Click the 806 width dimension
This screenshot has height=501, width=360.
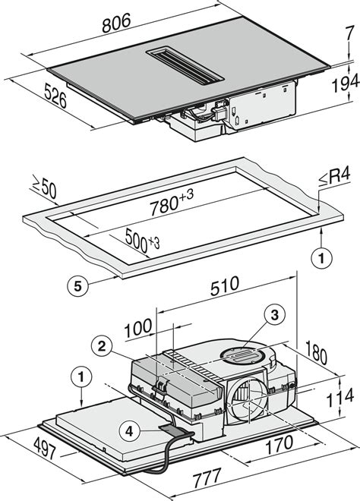point(117,23)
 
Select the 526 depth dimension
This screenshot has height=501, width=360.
point(55,95)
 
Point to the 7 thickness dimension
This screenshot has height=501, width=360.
point(350,33)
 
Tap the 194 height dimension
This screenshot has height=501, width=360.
point(346,83)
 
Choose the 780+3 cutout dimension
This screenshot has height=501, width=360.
point(172,203)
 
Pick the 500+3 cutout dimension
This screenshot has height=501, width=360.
point(142,240)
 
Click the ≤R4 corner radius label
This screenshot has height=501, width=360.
point(335,176)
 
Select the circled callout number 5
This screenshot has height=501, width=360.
point(77,285)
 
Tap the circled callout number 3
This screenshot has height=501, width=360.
point(275,315)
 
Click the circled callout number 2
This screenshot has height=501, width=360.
point(102,346)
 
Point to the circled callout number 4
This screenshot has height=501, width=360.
point(129,432)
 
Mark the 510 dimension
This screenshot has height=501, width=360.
point(225,285)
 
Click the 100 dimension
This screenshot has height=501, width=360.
point(137,328)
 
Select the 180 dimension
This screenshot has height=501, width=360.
point(317,352)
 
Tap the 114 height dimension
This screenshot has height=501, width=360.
point(339,397)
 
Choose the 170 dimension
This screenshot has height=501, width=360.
point(279,445)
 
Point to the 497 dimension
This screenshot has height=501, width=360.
point(45,449)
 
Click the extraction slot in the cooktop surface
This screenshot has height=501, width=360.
point(185,67)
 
